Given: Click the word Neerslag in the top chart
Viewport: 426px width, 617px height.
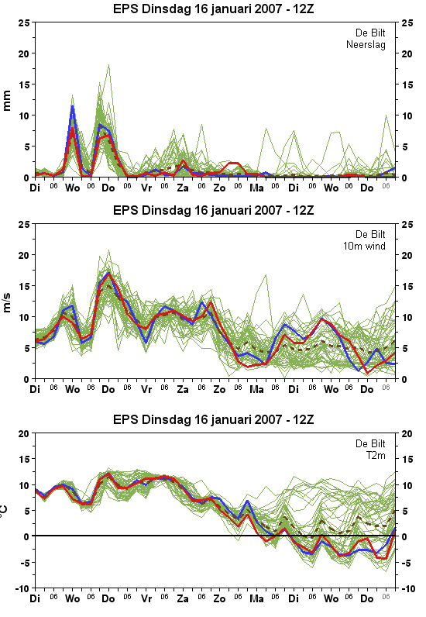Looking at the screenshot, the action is (366, 45).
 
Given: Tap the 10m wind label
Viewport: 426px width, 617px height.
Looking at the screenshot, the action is (364, 246).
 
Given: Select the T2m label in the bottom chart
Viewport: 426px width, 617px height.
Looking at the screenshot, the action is (376, 456).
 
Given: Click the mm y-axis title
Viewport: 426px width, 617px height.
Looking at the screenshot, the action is (7, 101).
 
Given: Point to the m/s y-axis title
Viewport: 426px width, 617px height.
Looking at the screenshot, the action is (7, 302).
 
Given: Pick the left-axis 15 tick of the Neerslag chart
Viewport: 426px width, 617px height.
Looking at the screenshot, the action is (24, 84).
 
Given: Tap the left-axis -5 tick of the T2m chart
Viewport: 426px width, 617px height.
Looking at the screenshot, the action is (25, 563).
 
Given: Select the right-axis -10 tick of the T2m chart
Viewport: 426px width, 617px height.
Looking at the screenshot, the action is (407, 589).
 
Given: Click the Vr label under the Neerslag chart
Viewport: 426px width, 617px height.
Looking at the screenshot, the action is (146, 188).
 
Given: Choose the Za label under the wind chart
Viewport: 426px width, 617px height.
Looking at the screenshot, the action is (183, 390).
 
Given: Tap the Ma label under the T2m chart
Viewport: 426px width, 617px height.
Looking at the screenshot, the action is (256, 599).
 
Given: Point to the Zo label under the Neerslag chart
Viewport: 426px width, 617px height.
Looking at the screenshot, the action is (219, 188).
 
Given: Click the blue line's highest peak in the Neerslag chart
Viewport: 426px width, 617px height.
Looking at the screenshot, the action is (72, 106).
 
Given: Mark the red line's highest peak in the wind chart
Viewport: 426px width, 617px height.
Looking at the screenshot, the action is (109, 274).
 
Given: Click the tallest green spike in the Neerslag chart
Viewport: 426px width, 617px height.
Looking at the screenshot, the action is (109, 65).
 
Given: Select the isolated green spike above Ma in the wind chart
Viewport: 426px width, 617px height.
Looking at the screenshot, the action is (266, 274).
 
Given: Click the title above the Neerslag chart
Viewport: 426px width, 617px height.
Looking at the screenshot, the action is (214, 9).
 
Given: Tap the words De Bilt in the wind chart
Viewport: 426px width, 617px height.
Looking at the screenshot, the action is (370, 235).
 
